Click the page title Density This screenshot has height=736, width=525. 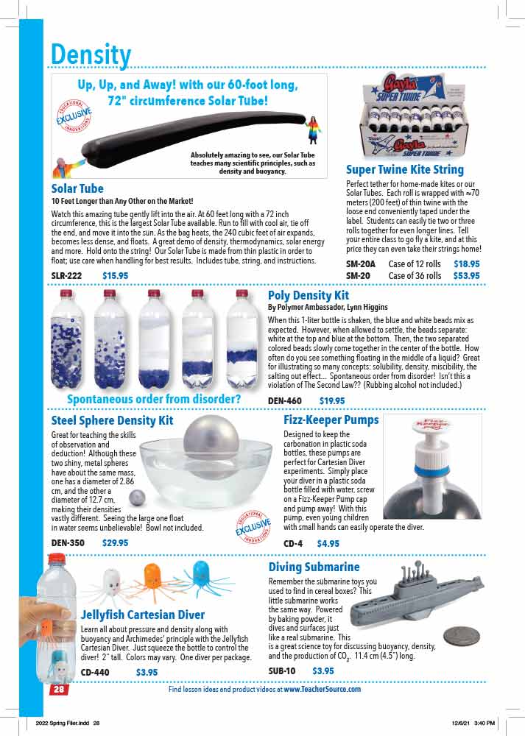pyautogui.click(x=91, y=54)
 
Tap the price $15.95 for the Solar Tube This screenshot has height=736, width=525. pyautogui.click(x=115, y=276)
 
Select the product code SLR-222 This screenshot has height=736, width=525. pyautogui.click(x=66, y=276)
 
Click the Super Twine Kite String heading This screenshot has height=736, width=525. pyautogui.click(x=405, y=170)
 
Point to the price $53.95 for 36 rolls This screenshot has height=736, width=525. pyautogui.click(x=466, y=276)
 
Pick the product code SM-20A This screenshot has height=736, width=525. pyautogui.click(x=361, y=263)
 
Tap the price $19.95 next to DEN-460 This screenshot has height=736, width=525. pyautogui.click(x=332, y=401)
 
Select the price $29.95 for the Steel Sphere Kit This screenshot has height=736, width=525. pyautogui.click(x=115, y=543)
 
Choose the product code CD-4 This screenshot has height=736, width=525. pyautogui.click(x=293, y=544)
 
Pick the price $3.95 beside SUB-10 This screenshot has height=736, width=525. pyautogui.click(x=323, y=670)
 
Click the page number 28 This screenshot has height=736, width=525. pyautogui.click(x=58, y=690)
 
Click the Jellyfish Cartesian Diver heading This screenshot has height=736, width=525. pyautogui.click(x=142, y=615)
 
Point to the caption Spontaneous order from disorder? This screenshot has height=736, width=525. pyautogui.click(x=154, y=400)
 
